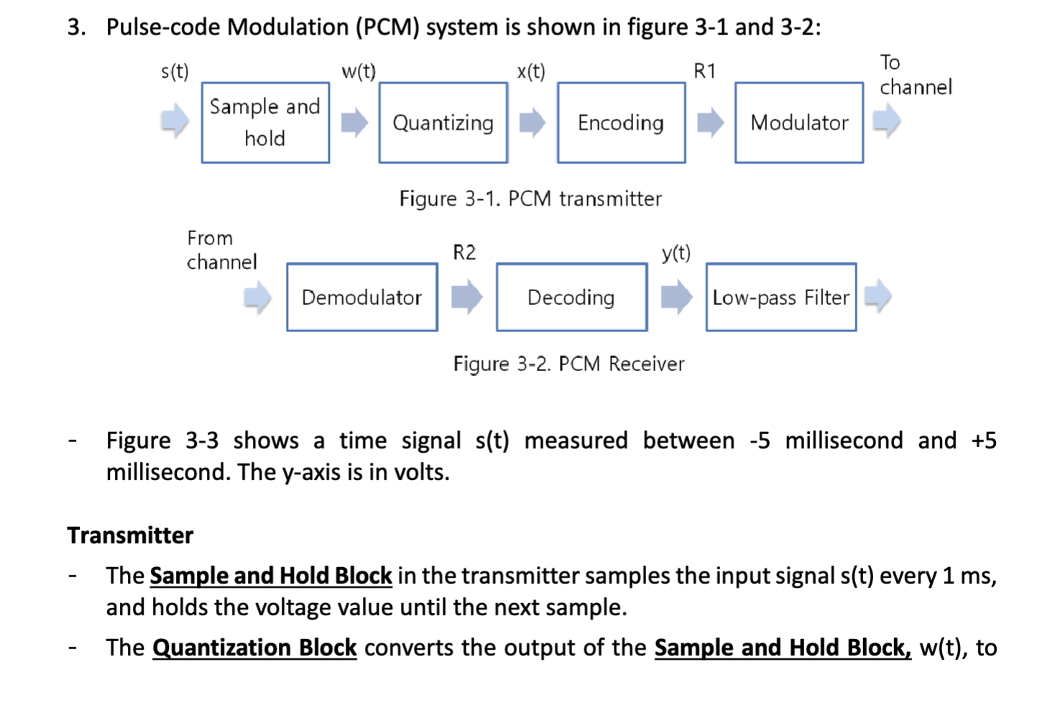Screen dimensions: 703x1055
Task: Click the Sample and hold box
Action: click(x=265, y=123)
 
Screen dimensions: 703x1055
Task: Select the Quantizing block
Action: click(x=443, y=123)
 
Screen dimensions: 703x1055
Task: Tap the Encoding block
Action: click(x=621, y=123)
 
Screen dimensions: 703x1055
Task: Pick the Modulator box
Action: click(x=798, y=123)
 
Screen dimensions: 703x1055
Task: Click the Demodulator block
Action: click(x=361, y=297)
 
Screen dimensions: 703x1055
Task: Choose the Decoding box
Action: click(x=571, y=297)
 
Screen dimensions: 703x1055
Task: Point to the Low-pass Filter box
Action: click(x=780, y=297)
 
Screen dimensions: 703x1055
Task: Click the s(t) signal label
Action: click(x=175, y=71)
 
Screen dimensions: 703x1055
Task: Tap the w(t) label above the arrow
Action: click(x=358, y=71)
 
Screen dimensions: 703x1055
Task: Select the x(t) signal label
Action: click(x=531, y=71)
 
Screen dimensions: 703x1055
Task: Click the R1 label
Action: click(x=704, y=71)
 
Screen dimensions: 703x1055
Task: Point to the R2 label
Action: click(x=464, y=252)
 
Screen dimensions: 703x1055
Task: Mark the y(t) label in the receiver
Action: click(x=676, y=252)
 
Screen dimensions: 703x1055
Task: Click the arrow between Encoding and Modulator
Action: click(x=710, y=122)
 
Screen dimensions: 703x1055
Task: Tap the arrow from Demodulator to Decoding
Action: click(x=466, y=297)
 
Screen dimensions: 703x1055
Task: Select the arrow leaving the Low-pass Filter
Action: click(x=877, y=296)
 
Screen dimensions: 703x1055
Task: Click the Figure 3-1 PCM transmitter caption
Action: click(x=530, y=198)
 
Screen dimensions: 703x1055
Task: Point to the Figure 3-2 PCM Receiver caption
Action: click(x=568, y=364)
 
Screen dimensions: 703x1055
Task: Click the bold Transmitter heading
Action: click(x=130, y=536)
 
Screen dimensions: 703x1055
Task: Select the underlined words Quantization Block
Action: click(x=254, y=648)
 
